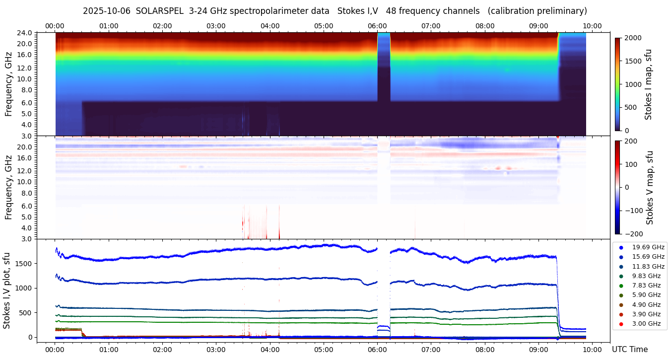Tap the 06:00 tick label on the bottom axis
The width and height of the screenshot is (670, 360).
click(377, 349)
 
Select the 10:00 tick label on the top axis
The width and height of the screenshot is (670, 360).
click(592, 26)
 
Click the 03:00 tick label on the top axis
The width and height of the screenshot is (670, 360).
click(216, 26)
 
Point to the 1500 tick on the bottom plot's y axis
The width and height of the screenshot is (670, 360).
click(24, 263)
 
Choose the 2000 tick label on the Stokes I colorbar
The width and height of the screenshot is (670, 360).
click(633, 38)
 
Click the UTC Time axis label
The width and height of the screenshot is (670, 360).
click(630, 350)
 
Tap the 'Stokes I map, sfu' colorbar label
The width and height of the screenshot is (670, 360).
click(648, 84)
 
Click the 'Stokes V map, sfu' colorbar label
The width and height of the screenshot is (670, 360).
click(650, 187)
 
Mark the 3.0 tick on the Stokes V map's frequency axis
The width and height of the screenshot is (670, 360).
click(27, 239)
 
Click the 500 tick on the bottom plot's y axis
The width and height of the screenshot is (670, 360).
click(26, 313)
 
